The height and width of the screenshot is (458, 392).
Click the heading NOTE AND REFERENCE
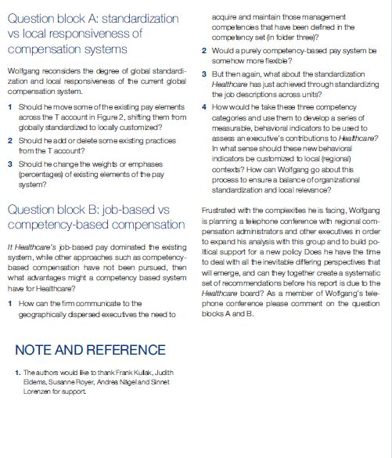(x=90, y=349)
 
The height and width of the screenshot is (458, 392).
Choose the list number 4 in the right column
(x=203, y=106)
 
